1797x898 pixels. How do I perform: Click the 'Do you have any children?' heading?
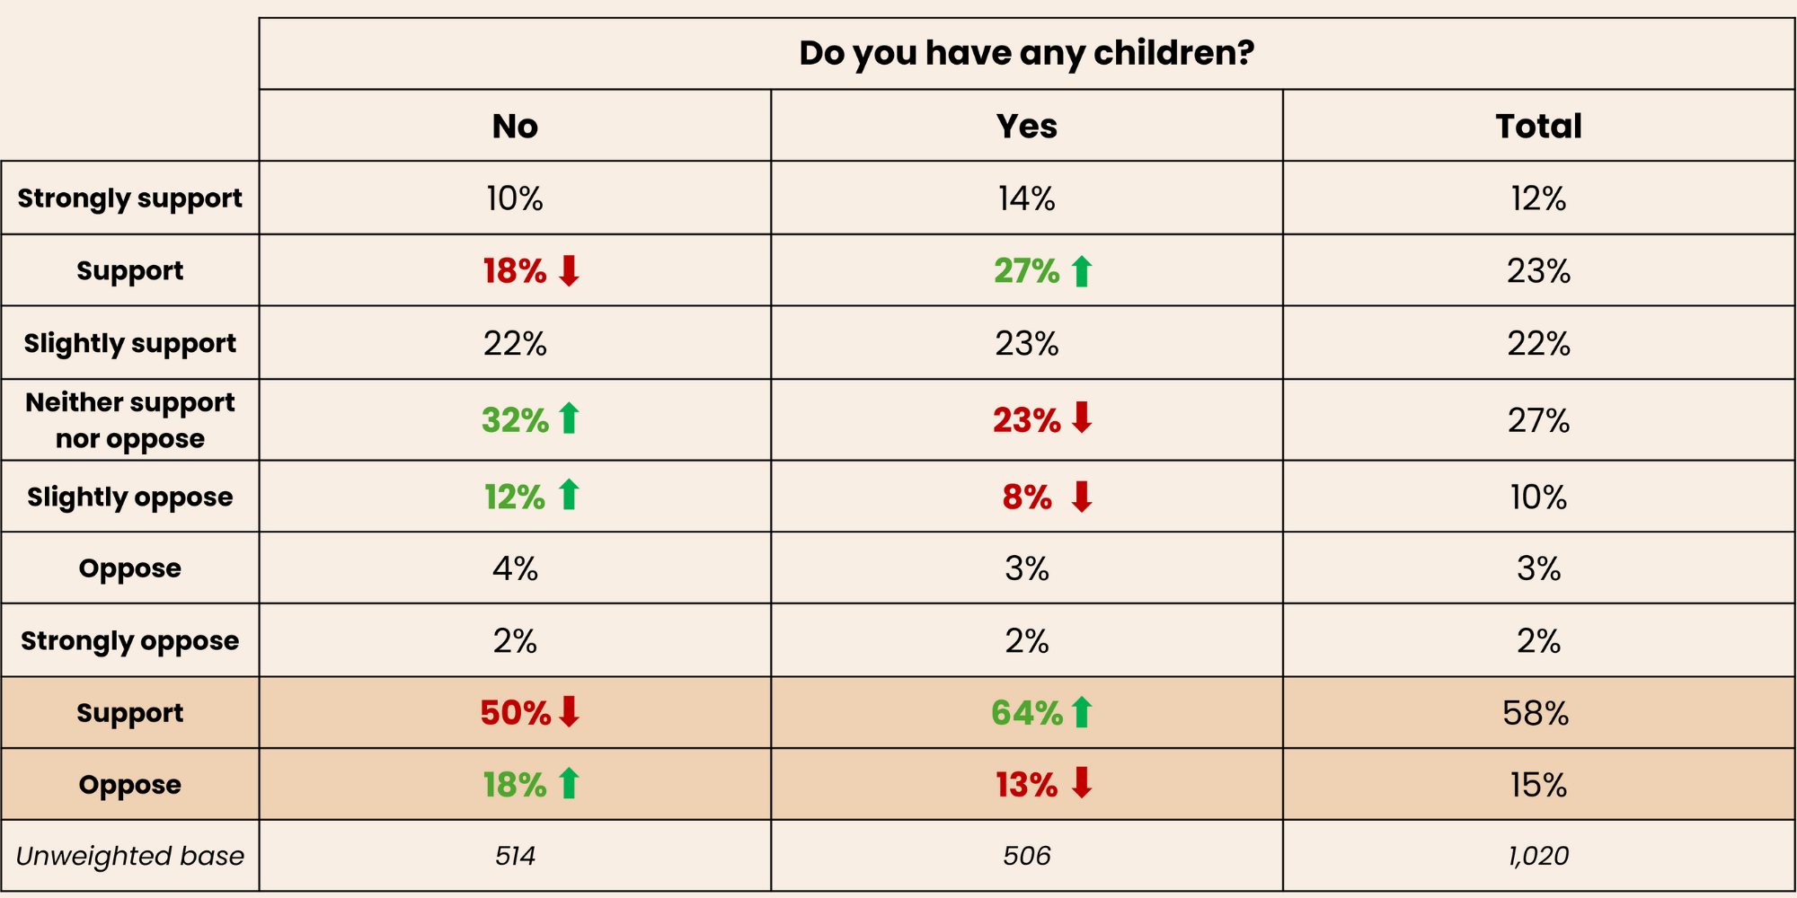[x=1026, y=53]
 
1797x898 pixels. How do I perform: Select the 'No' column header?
[x=515, y=127]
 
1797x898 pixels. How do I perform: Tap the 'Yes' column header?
[x=1026, y=127]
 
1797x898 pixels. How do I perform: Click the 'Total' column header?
[x=1538, y=127]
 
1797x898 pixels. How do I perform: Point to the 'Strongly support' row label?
[x=130, y=198]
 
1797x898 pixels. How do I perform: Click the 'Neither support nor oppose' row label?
[x=130, y=420]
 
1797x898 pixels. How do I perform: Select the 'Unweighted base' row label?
[x=130, y=856]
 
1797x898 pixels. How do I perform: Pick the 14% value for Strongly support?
[x=1026, y=198]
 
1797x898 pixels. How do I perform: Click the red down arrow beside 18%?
[x=569, y=270]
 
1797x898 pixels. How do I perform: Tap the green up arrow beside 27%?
[x=1082, y=271]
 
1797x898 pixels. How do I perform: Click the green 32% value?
[x=515, y=420]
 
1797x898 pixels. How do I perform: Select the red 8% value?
[x=1027, y=497]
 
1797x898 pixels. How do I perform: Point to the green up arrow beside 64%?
[x=1082, y=712]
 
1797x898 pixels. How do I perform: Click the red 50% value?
[x=515, y=713]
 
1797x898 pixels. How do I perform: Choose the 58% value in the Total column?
[x=1536, y=713]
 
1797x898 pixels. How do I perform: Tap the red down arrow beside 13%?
[x=1082, y=783]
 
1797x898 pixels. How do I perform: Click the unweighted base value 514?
[x=515, y=856]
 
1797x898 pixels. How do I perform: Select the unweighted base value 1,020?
[x=1538, y=856]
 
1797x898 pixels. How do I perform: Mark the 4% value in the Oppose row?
[x=515, y=568]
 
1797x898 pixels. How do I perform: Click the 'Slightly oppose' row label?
[x=130, y=497]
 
